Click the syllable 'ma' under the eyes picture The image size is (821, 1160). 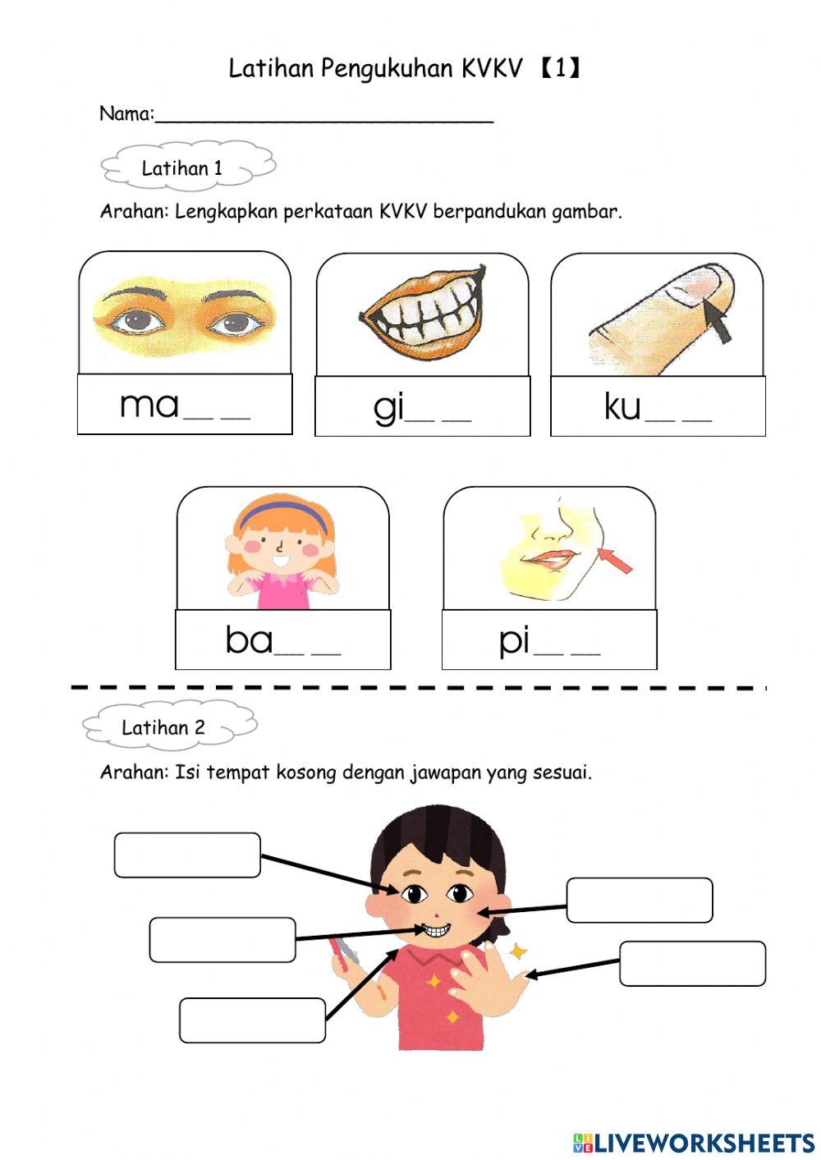pos(149,405)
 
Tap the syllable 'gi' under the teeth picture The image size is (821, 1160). pos(388,407)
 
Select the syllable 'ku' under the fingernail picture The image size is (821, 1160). pos(622,406)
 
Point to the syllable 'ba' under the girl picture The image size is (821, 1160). pos(248,640)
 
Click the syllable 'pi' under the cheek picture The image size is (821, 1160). pos(514,640)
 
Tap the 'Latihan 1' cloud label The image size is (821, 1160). pos(182,168)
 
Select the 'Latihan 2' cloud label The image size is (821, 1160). pos(163,727)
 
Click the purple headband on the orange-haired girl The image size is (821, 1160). pos(282,513)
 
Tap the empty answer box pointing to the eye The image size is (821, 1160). pos(187,855)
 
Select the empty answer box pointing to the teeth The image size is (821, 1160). pos(222,940)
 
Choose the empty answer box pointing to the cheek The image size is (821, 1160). pos(639,901)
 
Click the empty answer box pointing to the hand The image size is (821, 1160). pos(692,964)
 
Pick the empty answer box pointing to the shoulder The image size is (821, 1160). pos(252,1020)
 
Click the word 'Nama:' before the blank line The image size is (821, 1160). pos(126,114)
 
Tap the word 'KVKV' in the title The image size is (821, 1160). pos(491,69)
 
